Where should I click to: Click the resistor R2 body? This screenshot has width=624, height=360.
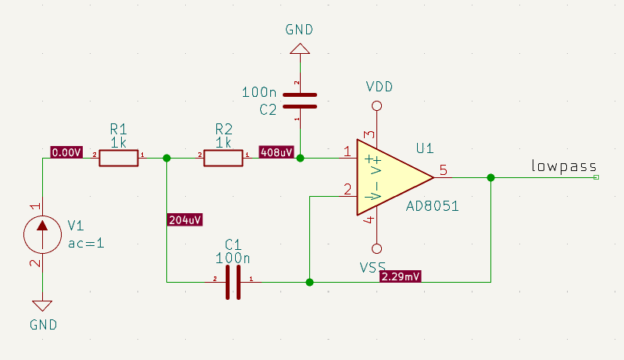coord(223,159)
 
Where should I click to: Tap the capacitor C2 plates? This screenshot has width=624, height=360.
coord(299,101)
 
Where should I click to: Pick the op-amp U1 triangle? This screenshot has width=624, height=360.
coord(390,178)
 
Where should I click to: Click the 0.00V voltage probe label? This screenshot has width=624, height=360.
coord(66,153)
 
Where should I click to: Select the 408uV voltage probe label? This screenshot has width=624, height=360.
coord(276,153)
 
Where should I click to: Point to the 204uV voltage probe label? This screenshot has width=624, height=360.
coord(184,219)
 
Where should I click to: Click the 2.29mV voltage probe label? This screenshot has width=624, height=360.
coord(401,276)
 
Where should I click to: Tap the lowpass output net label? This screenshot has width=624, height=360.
coord(564,166)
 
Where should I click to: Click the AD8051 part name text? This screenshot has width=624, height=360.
coord(432,207)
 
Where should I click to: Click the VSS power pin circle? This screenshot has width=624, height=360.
coord(377,249)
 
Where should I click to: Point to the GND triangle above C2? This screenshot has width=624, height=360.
coord(299,49)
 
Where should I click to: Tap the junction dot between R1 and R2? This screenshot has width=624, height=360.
coord(166,159)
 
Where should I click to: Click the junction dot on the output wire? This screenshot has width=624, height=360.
coord(490,178)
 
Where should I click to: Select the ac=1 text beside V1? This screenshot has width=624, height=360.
coord(86,243)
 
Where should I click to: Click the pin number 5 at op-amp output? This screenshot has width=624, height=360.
coord(443,169)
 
